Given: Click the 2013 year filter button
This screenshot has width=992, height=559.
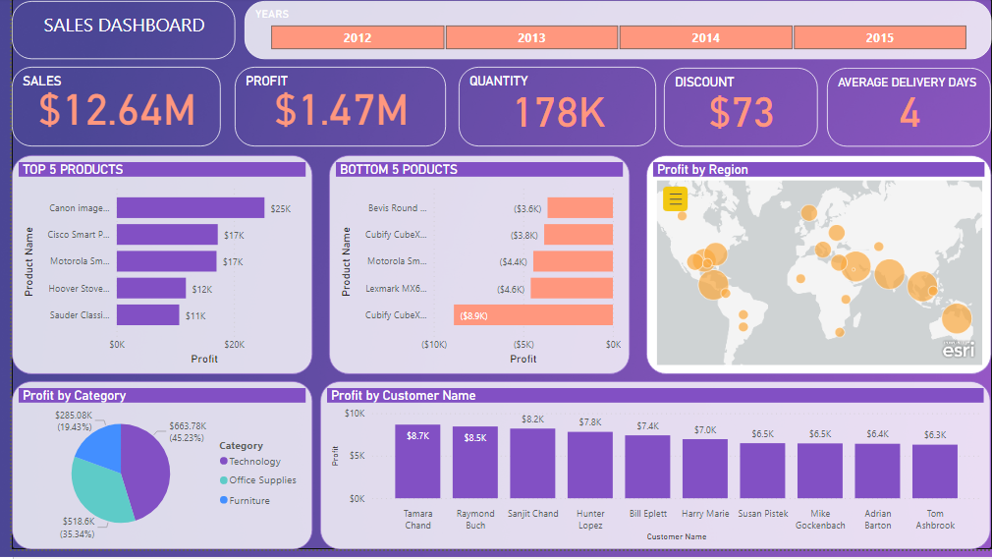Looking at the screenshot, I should [531, 37].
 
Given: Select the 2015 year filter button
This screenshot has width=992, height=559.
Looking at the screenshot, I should [879, 37].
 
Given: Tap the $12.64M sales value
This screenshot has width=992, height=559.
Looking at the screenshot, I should [117, 110].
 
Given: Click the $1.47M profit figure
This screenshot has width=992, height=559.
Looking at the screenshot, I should [341, 110].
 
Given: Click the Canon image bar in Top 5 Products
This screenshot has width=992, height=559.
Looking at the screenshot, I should [191, 208].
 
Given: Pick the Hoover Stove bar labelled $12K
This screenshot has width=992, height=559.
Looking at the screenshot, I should [151, 288].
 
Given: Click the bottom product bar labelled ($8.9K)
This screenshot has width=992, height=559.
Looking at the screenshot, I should [533, 314].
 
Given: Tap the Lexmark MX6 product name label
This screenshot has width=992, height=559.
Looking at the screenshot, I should [397, 289].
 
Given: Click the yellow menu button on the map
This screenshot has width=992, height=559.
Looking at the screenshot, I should [675, 199].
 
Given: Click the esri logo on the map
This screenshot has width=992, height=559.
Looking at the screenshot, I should [958, 349].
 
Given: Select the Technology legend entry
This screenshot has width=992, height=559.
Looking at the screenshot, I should [254, 461].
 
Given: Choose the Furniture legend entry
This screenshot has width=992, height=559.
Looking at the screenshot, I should [248, 500].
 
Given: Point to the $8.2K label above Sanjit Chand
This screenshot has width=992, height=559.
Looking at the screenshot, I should [532, 419].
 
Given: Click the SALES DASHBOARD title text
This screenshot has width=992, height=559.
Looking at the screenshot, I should [124, 26].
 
